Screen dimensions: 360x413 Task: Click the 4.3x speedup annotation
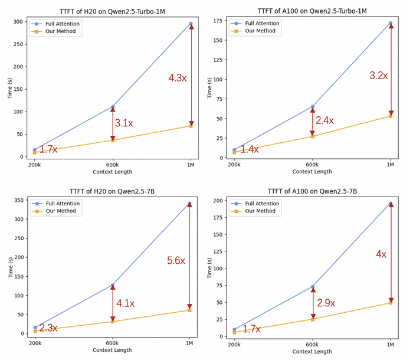178,78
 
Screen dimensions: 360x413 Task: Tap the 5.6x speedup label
176,261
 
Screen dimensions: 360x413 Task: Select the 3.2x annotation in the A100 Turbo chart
378,76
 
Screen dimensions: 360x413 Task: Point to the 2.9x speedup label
326,303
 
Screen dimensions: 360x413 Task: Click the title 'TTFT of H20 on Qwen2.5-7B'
112,191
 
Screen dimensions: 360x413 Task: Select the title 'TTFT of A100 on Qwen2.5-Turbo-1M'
312,11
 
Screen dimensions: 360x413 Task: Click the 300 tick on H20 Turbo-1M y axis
18,22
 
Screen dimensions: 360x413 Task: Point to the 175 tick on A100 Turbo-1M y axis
218,21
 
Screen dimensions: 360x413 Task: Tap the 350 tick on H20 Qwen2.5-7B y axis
18,201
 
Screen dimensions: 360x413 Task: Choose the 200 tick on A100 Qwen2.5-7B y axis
218,201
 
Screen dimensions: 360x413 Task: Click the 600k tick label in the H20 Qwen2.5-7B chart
112,343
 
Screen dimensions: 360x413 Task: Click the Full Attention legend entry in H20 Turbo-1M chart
62,24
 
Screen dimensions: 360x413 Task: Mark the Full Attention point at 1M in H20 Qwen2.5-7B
189,204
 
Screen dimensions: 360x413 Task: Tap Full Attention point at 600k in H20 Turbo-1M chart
113,107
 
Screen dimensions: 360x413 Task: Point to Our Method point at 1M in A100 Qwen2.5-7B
391,303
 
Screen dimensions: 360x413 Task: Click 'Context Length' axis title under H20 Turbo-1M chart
112,172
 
